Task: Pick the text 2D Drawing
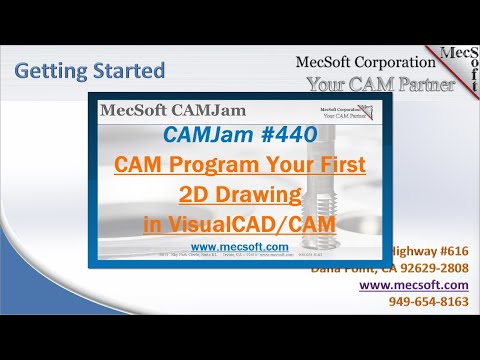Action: pos(240,195)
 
